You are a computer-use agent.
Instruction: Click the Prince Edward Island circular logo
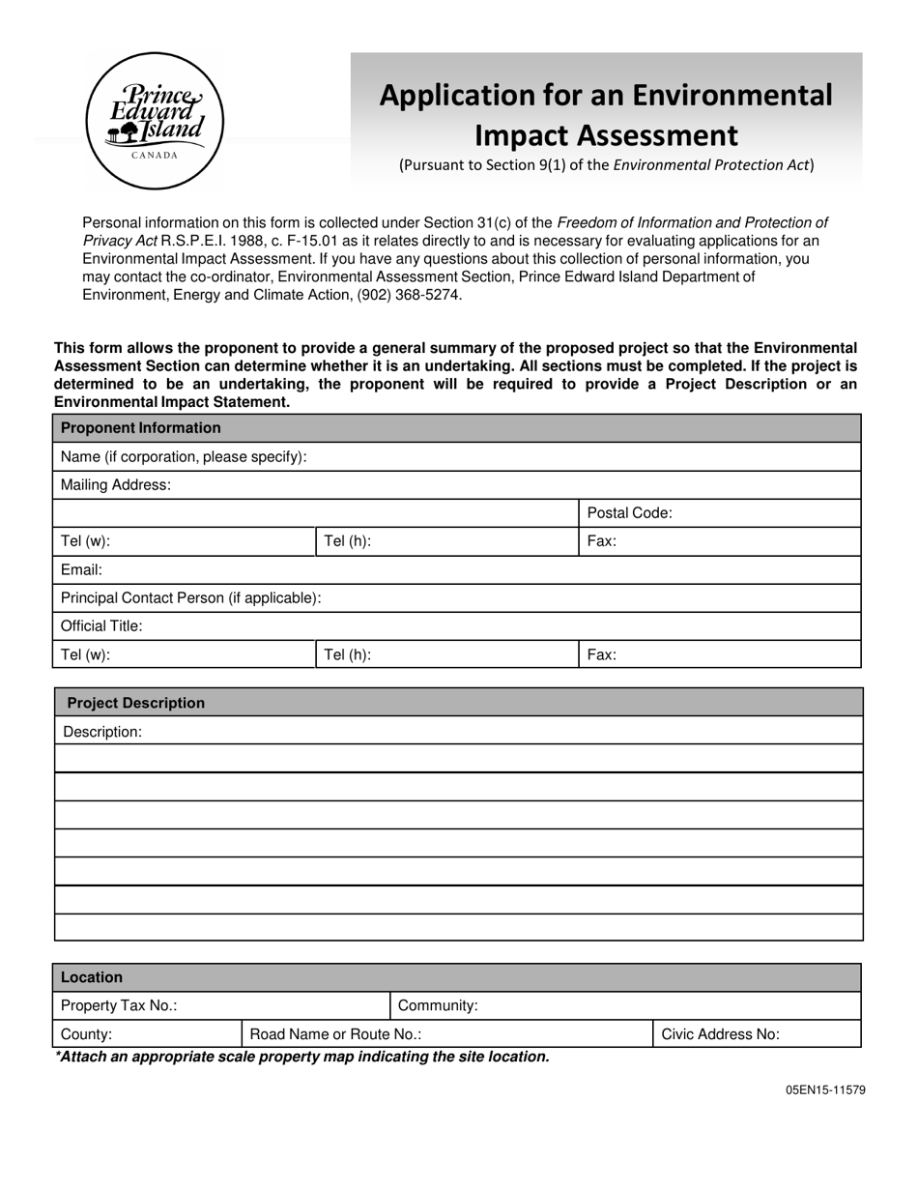(x=155, y=121)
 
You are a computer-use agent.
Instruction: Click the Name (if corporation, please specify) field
(x=580, y=456)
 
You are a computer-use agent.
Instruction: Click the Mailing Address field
(x=512, y=484)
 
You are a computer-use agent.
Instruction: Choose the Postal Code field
(x=763, y=513)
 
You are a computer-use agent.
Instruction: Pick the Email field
(x=473, y=569)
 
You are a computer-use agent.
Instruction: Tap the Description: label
(x=102, y=732)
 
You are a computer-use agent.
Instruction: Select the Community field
(x=667, y=1005)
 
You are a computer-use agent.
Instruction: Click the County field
(x=174, y=1034)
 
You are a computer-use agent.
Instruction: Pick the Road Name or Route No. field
(x=531, y=1034)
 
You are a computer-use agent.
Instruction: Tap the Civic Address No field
(x=817, y=1034)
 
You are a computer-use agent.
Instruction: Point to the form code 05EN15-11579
(x=825, y=1089)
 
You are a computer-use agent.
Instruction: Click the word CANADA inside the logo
(x=155, y=155)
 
